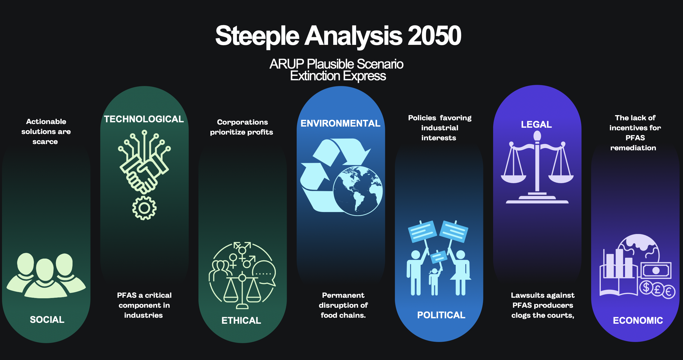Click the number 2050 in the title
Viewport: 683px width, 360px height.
tap(434, 36)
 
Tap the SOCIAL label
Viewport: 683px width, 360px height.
tap(47, 319)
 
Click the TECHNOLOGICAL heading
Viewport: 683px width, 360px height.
tap(144, 119)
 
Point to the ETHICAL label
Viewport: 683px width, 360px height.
tap(241, 320)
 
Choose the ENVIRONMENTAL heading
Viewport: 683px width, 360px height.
tap(340, 123)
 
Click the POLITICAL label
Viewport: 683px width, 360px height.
tap(441, 315)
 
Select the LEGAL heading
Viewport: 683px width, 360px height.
tap(536, 124)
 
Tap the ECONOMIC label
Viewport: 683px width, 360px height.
tap(638, 320)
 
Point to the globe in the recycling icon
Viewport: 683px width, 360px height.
tap(358, 191)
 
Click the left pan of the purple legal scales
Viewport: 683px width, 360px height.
tap(513, 179)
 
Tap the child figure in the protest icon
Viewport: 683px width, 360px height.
tap(434, 281)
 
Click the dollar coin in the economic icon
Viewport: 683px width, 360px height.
tap(646, 287)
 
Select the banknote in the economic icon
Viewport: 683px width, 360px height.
tap(656, 270)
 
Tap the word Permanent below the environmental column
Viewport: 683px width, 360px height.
tap(343, 295)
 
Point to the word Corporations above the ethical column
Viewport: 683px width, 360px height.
tap(242, 122)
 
